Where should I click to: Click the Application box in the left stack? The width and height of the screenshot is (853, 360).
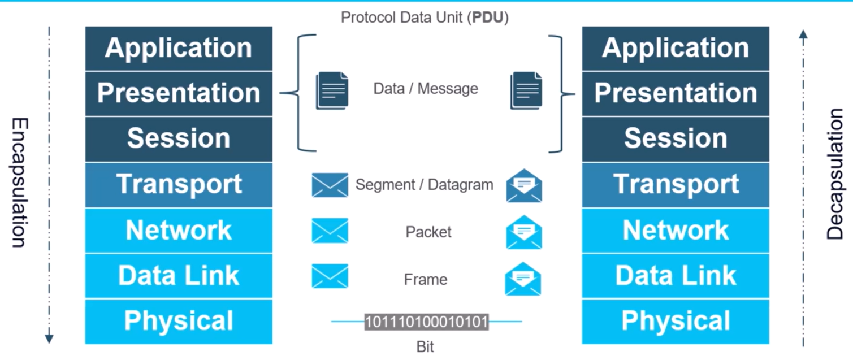pyautogui.click(x=179, y=48)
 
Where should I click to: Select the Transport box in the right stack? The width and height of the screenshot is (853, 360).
pyautogui.click(x=676, y=184)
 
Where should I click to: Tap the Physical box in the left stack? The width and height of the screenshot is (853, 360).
pyautogui.click(x=179, y=321)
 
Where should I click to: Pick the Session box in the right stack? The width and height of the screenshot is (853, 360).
pyautogui.click(x=676, y=138)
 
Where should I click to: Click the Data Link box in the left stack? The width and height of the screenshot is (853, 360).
pyautogui.click(x=179, y=276)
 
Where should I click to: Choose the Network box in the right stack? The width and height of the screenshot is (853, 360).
pyautogui.click(x=676, y=230)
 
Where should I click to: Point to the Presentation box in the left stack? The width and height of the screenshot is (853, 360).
pyautogui.click(x=179, y=93)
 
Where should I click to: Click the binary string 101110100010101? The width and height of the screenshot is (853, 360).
pyautogui.click(x=426, y=322)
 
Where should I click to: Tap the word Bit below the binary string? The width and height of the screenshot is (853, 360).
pyautogui.click(x=425, y=346)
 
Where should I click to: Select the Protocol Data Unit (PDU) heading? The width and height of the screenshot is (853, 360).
pyautogui.click(x=425, y=18)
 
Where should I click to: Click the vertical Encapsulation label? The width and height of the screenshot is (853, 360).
pyautogui.click(x=19, y=183)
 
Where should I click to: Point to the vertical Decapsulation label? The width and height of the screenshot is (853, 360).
pyautogui.click(x=834, y=174)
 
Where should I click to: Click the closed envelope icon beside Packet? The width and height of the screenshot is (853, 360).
pyautogui.click(x=330, y=231)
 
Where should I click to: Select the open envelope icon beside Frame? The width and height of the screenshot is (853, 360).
pyautogui.click(x=523, y=279)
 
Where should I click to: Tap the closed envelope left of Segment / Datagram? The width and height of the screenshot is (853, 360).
pyautogui.click(x=330, y=185)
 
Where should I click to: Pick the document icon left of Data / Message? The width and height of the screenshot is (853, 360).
pyautogui.click(x=332, y=90)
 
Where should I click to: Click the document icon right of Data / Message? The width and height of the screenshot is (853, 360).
pyautogui.click(x=526, y=90)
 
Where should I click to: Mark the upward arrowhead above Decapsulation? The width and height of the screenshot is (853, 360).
pyautogui.click(x=803, y=34)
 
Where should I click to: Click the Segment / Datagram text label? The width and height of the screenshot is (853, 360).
pyautogui.click(x=424, y=185)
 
